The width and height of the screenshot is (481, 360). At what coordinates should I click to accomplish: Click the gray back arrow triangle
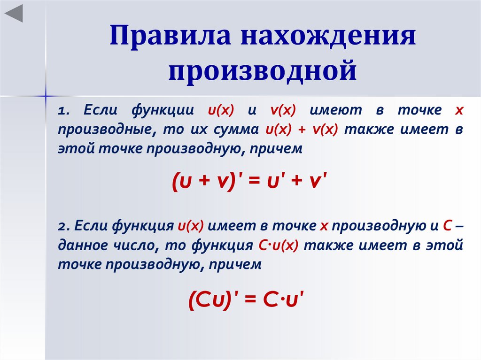tap(14, 14)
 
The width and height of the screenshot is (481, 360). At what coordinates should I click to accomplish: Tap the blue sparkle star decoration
tap(46, 96)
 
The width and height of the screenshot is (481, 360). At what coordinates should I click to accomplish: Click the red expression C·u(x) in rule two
tap(279, 245)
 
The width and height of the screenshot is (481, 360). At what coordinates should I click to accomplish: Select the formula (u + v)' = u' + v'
tap(249, 181)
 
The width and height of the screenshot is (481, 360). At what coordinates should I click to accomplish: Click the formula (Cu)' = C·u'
tap(247, 299)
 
